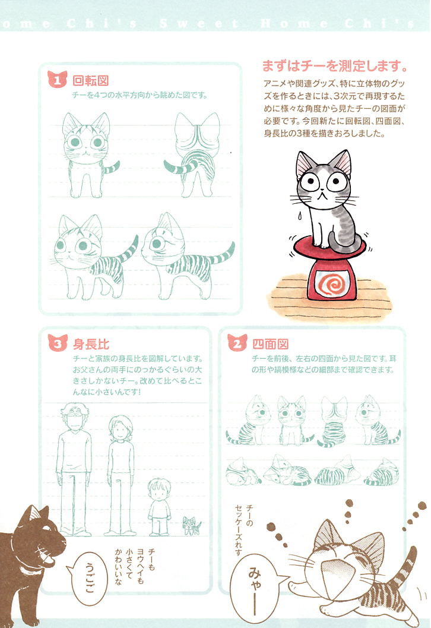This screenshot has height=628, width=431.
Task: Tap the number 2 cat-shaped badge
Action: (237, 344)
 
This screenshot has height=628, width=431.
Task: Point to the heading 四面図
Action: (270, 344)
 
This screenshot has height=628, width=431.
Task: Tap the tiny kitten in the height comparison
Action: (191, 526)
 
